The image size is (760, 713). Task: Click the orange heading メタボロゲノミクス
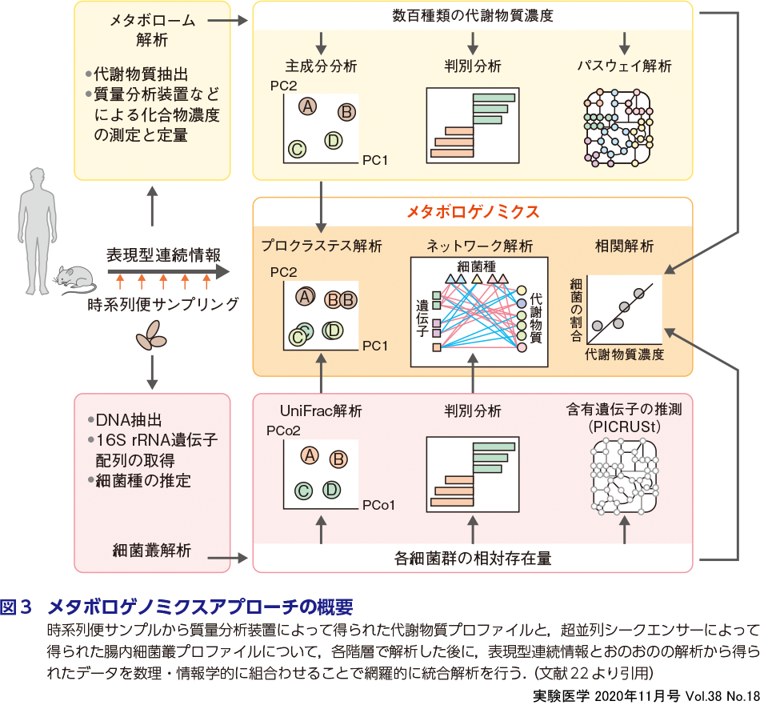[473, 212]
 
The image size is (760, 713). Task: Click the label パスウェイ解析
[625, 65]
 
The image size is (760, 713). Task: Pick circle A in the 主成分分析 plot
[307, 106]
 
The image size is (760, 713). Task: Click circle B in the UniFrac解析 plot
[338, 459]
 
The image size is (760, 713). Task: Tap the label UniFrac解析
[321, 411]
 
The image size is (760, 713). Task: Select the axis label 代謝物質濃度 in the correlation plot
[624, 354]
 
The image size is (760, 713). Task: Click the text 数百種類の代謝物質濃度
[473, 15]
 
